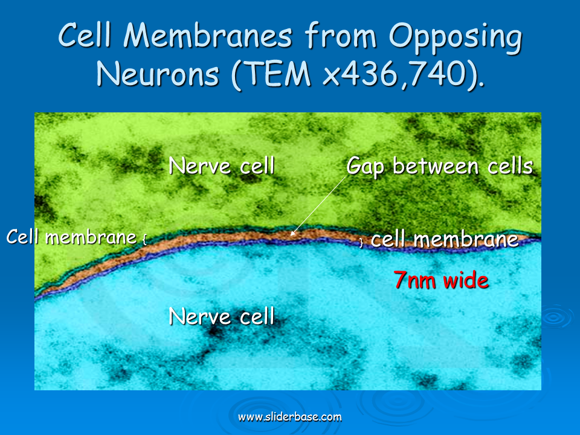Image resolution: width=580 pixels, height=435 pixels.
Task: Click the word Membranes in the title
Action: click(208, 36)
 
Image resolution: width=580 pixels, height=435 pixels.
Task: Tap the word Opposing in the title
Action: click(456, 39)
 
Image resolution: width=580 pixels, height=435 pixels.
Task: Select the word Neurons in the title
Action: click(158, 74)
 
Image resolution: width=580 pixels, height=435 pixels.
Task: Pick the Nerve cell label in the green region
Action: click(222, 166)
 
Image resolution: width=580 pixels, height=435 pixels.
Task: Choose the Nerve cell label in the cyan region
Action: click(222, 316)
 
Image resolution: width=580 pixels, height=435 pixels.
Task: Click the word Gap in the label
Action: click(365, 167)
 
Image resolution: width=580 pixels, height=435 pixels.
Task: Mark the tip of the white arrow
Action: click(291, 235)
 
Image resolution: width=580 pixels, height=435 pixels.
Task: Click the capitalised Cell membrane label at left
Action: click(71, 236)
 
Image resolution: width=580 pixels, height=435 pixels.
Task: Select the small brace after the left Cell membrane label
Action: click(144, 239)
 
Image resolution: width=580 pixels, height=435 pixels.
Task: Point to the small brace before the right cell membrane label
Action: click(361, 243)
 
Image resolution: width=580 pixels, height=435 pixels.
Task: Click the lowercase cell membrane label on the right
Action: click(444, 239)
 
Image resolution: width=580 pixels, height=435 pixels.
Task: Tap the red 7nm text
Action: click(415, 280)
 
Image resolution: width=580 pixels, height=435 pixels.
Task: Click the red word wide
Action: click(466, 280)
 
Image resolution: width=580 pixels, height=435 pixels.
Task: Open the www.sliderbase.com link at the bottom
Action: click(289, 417)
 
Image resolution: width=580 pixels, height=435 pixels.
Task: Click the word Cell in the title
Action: click(85, 36)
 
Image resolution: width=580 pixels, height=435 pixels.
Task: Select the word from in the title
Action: click(341, 36)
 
